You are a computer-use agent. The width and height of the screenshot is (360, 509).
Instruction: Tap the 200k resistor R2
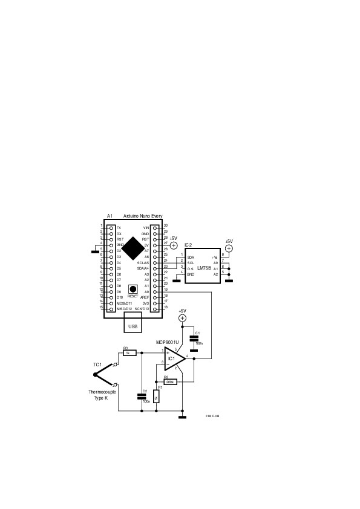(x=170, y=382)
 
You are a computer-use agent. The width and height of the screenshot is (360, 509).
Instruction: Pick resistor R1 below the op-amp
(x=157, y=396)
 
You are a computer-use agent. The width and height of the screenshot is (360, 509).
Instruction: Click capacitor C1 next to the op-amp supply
(x=194, y=340)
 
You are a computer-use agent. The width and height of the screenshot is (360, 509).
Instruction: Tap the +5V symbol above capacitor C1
(x=183, y=318)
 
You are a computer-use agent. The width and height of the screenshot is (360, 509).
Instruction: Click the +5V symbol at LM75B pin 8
(x=229, y=248)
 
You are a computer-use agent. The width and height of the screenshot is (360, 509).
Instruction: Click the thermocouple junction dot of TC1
(x=95, y=374)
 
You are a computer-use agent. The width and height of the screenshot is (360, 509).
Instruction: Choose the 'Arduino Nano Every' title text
(x=143, y=216)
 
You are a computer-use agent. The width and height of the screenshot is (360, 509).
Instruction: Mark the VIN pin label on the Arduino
(x=146, y=227)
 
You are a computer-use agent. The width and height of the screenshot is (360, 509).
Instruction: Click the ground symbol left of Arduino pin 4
(x=94, y=249)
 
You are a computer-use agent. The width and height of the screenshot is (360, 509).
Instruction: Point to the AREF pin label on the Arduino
(x=145, y=297)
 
